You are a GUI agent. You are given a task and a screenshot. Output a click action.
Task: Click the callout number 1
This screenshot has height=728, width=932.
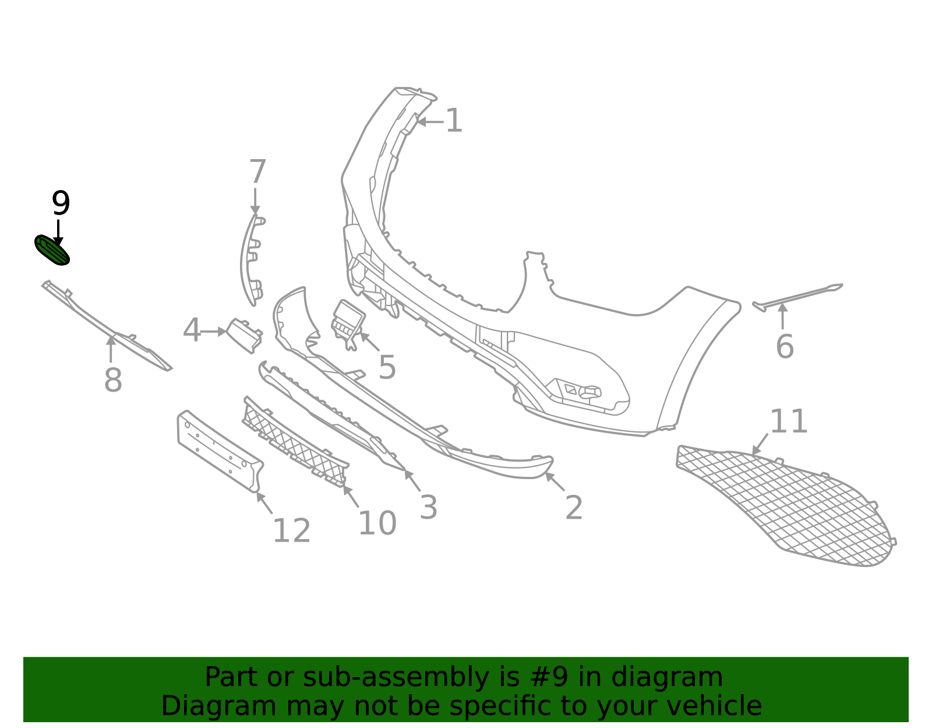454,121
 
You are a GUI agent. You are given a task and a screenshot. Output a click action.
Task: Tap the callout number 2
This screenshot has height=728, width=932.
574,508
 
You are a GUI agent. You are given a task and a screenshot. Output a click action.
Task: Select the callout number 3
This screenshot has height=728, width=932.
429,508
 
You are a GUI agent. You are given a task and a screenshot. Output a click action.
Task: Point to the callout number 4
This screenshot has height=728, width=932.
192,331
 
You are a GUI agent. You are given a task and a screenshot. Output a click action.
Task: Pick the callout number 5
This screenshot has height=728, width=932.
387,367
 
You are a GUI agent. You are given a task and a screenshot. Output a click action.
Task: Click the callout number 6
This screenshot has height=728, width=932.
785,347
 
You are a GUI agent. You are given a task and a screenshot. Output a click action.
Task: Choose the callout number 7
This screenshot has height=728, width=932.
257,173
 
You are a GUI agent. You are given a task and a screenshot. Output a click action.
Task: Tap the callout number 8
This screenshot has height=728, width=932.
113,381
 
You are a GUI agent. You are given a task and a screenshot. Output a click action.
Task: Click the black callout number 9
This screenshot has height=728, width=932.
61,203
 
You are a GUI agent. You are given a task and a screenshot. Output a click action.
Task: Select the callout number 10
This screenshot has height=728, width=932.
377,523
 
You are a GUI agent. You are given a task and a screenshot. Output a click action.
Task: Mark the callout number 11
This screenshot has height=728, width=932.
789,421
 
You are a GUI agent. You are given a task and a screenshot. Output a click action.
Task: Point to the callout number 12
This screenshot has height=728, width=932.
291,531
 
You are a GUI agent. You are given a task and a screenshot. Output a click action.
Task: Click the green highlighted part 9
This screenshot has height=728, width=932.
52,250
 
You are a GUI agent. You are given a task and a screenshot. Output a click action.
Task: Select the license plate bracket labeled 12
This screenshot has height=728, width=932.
218,451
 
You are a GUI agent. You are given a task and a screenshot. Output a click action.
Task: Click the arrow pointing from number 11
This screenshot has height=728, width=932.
760,444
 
